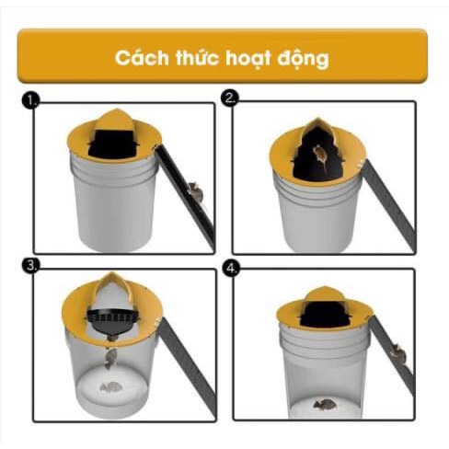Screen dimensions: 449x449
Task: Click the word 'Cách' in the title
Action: point(140,57)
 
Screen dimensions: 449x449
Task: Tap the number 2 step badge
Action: point(231,99)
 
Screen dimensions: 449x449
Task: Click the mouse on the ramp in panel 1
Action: point(194,192)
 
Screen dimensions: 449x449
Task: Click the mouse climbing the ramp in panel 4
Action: point(397,352)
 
